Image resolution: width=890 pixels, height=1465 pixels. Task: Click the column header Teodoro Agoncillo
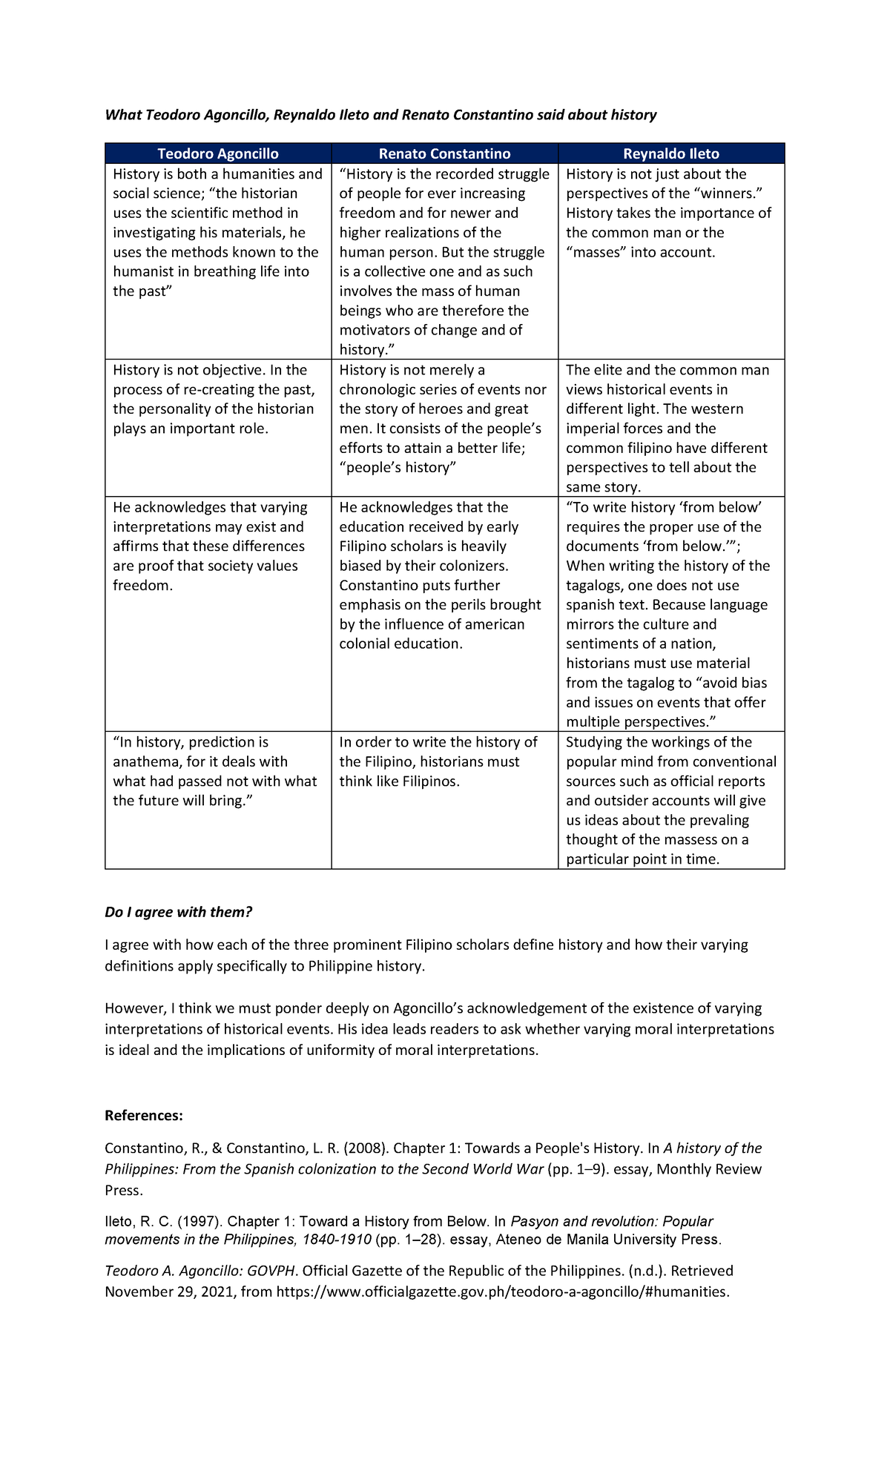pos(217,153)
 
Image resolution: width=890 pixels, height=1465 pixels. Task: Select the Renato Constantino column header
pos(444,153)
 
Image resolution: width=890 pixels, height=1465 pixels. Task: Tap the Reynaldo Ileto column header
pos(670,153)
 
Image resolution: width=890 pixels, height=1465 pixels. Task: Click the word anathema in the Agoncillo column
pos(148,761)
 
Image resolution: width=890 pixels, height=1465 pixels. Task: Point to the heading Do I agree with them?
pos(179,912)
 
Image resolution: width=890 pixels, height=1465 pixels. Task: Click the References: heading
pos(144,1116)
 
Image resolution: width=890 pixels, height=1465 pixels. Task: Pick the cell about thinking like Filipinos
pos(438,762)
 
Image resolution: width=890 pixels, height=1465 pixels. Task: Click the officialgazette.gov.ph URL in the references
pos(502,1292)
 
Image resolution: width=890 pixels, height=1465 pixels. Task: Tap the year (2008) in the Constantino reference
pos(366,1148)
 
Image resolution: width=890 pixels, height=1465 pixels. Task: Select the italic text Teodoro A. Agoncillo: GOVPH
pos(201,1271)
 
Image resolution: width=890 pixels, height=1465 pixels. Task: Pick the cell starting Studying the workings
pos(670,801)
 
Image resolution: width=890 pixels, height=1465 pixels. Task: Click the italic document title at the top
pos(380,115)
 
